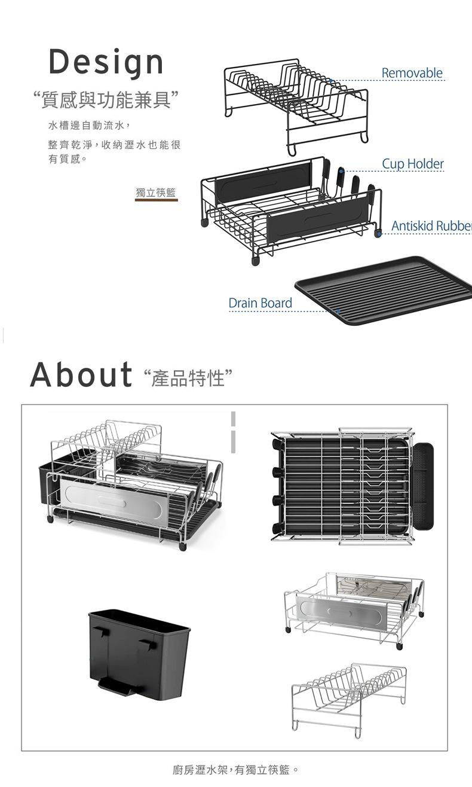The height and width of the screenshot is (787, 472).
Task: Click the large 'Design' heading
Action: coord(106,62)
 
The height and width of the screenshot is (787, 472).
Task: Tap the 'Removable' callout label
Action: coord(412,73)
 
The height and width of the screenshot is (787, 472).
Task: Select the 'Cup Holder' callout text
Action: coord(413,163)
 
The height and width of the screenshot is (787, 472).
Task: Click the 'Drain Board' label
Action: coord(260,303)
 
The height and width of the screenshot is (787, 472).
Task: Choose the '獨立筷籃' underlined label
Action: coord(156,192)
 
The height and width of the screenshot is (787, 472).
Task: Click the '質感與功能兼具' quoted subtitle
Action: coord(106,100)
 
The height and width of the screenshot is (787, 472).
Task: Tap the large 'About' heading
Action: coord(81,374)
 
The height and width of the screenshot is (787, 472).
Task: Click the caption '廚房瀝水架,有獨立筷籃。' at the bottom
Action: coord(235,769)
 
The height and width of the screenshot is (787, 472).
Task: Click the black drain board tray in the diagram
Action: coord(382,288)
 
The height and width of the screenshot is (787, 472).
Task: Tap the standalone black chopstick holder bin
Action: coord(139,654)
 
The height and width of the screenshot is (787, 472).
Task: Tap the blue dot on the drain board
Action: coord(338,311)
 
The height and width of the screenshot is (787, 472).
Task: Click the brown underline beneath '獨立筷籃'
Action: coord(156,200)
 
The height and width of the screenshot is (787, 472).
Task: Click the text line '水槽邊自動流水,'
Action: coord(89,126)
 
